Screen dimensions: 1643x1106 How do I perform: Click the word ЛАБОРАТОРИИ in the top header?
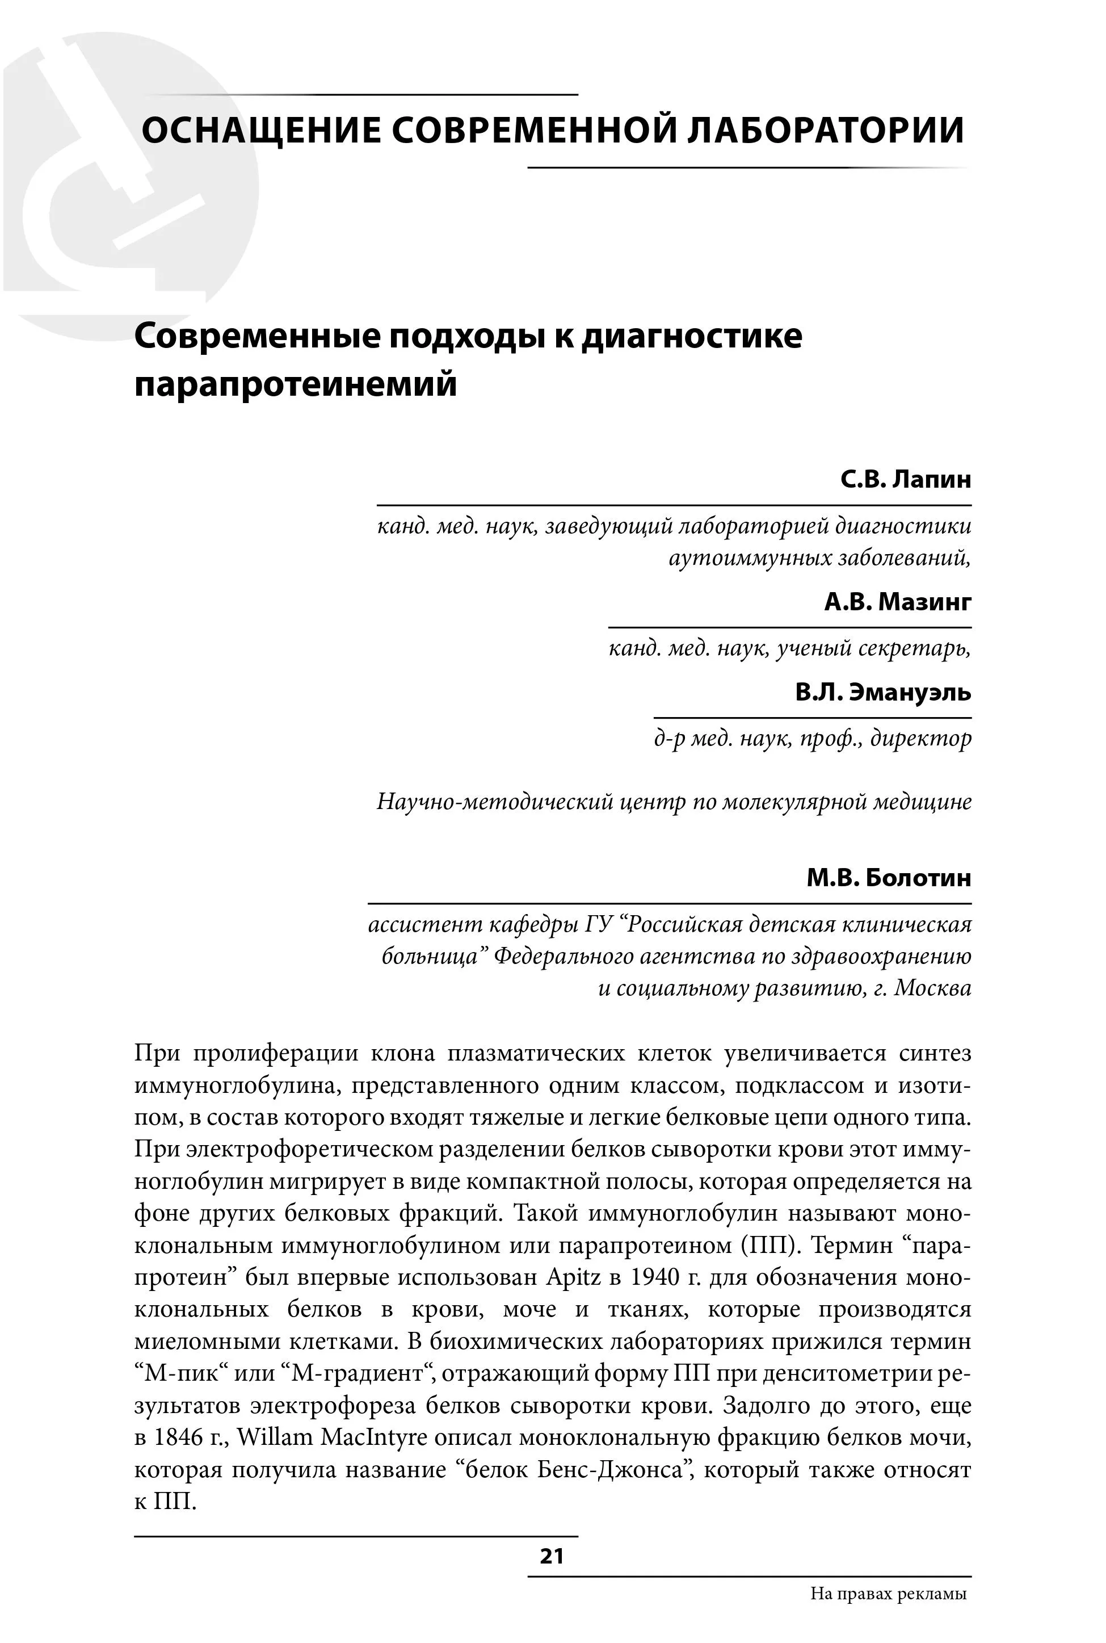click(825, 131)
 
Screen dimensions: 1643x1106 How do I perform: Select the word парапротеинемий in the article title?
click(296, 385)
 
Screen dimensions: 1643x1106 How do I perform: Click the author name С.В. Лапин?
click(906, 480)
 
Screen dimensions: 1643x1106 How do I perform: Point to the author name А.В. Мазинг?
click(897, 602)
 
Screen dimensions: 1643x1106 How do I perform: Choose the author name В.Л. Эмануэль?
click(883, 692)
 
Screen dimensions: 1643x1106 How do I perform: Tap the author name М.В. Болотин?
click(889, 878)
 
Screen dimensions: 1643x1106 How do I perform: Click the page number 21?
click(552, 1556)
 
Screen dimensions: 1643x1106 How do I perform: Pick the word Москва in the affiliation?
click(932, 988)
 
